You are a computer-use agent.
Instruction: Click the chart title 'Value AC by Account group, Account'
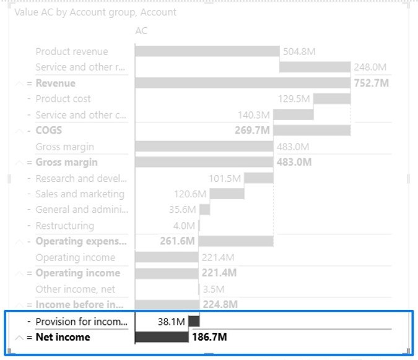pos(95,12)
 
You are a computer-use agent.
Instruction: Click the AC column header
pos(141,30)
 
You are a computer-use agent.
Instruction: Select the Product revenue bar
pos(207,51)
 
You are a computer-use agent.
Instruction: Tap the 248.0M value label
pos(370,67)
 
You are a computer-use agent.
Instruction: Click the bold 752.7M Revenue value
pos(371,83)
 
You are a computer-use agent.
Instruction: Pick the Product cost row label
pos(63,99)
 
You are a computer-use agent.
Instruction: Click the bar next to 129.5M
pos(332,99)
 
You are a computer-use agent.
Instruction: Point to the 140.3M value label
pos(254,114)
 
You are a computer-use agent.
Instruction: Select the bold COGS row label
pos(49,131)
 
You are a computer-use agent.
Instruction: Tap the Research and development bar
pos(259,178)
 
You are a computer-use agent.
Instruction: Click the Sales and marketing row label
pos(80,194)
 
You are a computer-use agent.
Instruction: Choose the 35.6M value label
pos(182,210)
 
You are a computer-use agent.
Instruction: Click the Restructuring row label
pos(65,226)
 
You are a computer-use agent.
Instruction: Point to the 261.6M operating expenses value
pos(177,241)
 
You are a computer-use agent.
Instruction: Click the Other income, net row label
pos(76,289)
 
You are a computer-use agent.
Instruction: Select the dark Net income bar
pos(162,337)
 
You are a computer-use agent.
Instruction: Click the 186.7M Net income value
pos(209,337)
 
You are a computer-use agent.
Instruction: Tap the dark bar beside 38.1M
pos(194,321)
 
